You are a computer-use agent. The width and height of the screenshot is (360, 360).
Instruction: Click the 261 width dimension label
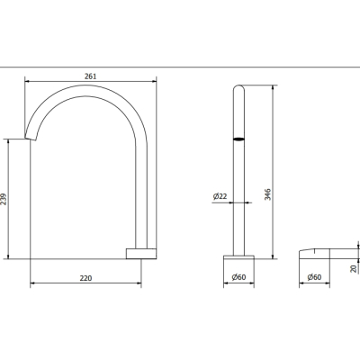coord(90,76)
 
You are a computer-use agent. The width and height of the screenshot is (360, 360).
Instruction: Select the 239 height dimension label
coord(4,199)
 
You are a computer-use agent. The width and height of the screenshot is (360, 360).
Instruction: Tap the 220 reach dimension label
coord(85,278)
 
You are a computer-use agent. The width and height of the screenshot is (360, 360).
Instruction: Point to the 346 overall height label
coord(267,194)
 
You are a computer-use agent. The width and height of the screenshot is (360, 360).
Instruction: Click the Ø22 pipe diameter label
coord(220,196)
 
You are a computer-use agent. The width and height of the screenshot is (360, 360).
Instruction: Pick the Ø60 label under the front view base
coord(238,277)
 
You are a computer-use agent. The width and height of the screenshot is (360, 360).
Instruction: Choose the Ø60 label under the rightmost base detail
coord(314,277)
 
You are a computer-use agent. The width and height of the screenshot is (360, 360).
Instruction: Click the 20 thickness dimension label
coord(354,268)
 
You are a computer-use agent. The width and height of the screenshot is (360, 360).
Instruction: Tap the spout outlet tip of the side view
coord(31,138)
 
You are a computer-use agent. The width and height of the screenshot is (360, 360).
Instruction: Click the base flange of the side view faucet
coord(141,254)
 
